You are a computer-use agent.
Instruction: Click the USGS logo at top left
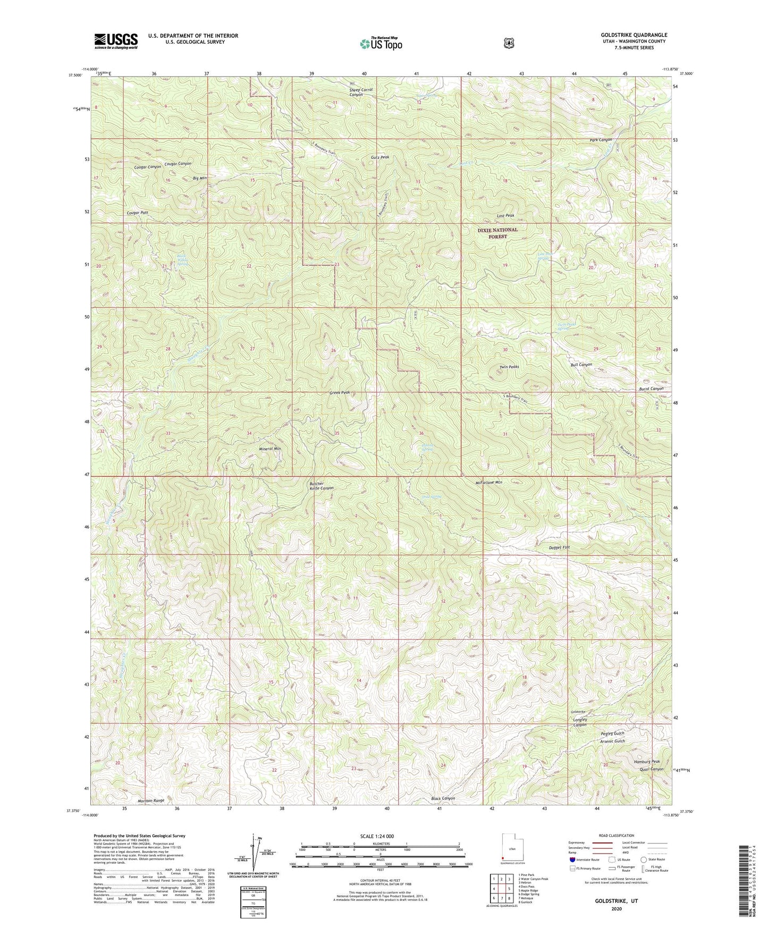click(x=116, y=41)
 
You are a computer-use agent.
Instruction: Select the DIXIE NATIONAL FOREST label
click(x=497, y=233)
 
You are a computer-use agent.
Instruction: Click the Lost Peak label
click(x=505, y=216)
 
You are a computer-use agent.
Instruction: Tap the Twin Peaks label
click(x=509, y=367)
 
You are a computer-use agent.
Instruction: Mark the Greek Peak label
click(x=340, y=392)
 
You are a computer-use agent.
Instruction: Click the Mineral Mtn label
click(x=270, y=449)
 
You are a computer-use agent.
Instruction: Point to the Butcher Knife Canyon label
click(x=322, y=485)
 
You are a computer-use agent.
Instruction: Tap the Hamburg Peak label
click(x=647, y=762)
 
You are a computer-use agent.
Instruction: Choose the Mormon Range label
click(x=151, y=800)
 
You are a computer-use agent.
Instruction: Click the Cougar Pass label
click(x=137, y=213)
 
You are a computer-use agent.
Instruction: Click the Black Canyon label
click(x=443, y=799)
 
